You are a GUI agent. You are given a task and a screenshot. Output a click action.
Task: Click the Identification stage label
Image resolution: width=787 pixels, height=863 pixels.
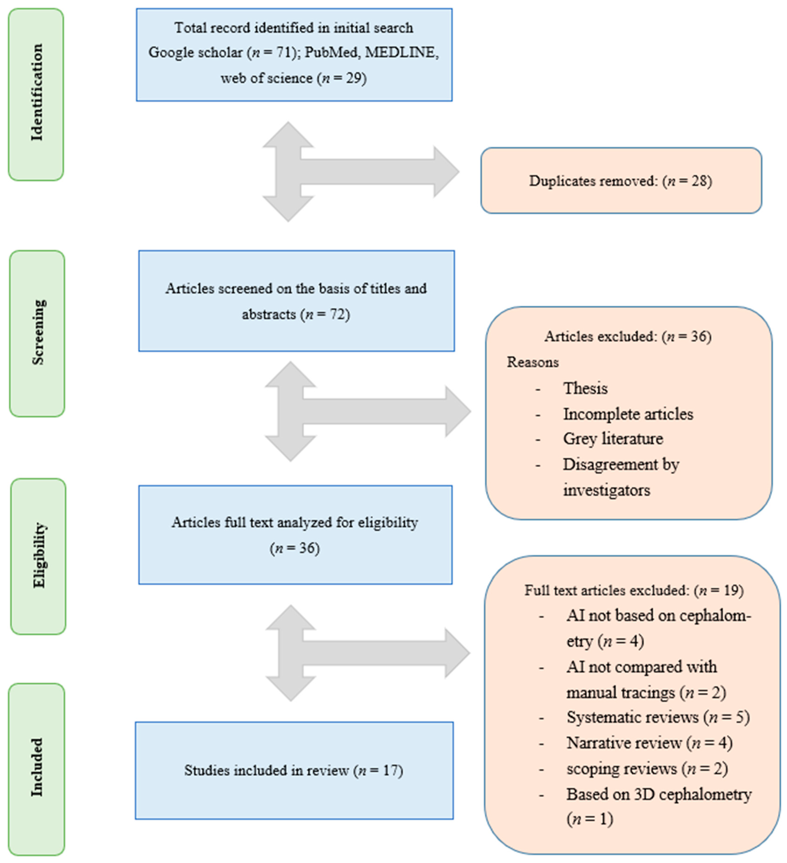[x=36, y=93]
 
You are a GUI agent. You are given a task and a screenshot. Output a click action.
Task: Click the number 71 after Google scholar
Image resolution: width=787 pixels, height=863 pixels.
[x=282, y=52]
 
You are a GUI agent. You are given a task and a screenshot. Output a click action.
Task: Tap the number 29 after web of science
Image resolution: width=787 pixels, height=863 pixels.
[x=355, y=78]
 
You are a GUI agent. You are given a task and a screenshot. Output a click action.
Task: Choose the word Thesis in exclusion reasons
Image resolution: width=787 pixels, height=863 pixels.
[x=585, y=388]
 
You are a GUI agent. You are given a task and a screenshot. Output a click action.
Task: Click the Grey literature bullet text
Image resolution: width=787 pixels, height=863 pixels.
[x=613, y=439]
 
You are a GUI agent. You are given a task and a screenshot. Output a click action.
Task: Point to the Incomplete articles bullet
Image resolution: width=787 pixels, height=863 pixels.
[x=628, y=414]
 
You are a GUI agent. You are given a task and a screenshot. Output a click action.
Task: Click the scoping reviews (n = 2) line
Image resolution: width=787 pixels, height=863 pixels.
[x=646, y=768]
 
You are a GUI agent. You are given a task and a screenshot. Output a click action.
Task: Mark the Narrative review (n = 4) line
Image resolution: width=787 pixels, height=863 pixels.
[x=649, y=743]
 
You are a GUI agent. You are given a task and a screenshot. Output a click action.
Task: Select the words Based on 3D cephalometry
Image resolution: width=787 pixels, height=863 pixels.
[x=659, y=794]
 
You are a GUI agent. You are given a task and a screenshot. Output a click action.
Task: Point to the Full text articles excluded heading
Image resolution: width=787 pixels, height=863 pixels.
[x=634, y=590]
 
